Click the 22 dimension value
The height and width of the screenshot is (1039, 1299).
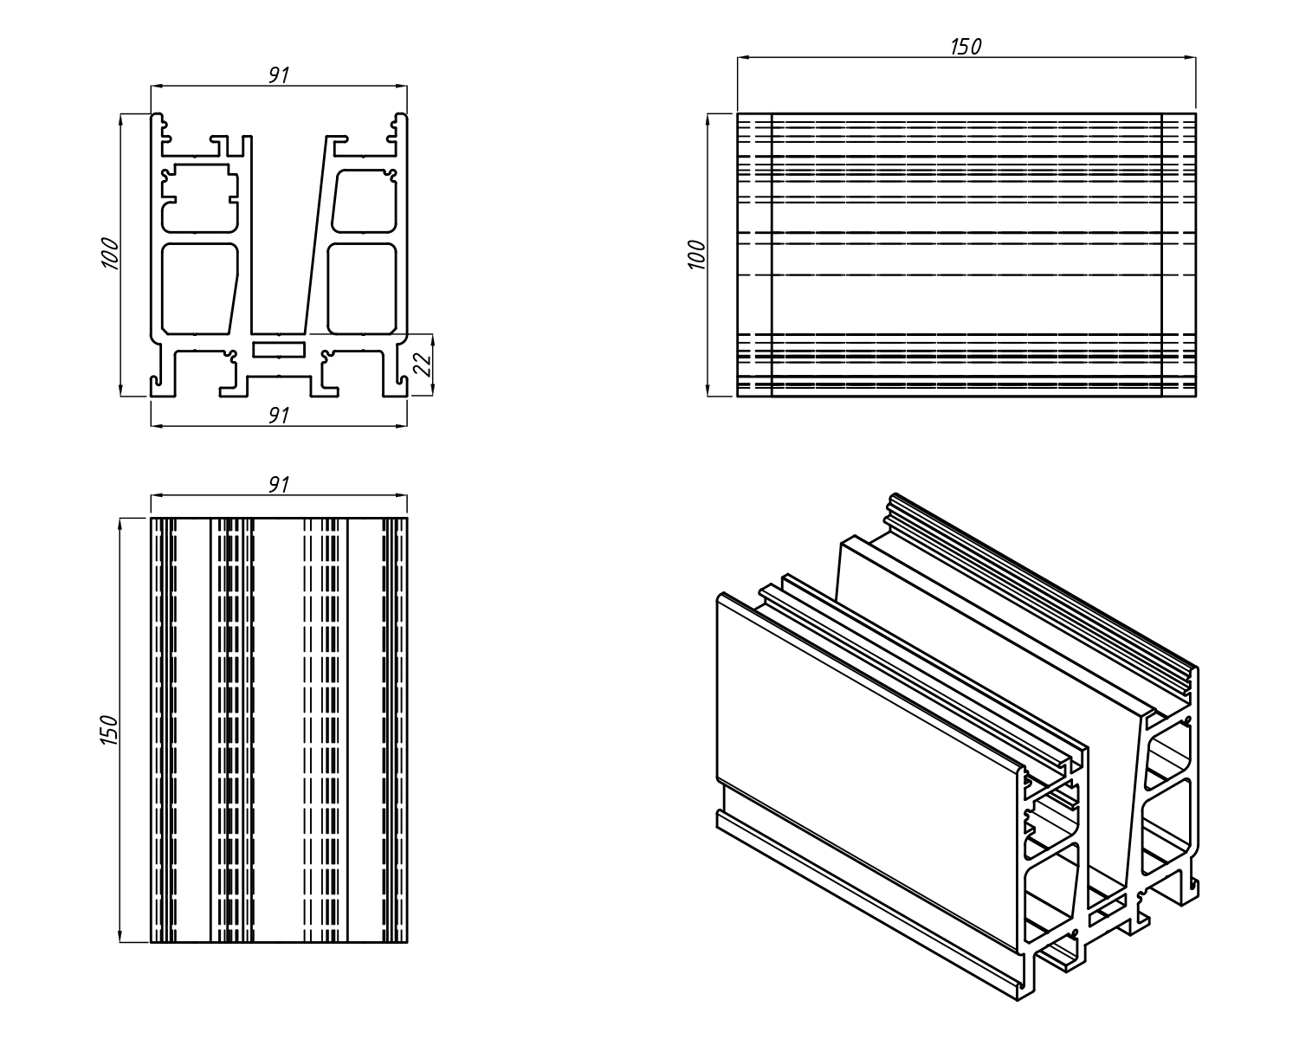coord(423,365)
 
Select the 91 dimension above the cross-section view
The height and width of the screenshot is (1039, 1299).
coord(277,75)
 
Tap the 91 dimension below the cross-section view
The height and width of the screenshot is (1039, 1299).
coord(277,416)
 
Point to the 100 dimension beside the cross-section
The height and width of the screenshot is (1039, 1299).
coord(110,253)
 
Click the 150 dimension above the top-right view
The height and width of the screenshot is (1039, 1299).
coord(966,47)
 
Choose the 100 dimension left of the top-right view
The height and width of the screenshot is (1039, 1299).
coord(697,255)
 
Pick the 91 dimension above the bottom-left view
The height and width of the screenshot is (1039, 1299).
coord(277,484)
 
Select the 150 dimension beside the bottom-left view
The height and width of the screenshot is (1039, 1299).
coord(110,730)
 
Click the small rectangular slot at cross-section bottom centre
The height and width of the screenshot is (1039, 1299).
coord(279,348)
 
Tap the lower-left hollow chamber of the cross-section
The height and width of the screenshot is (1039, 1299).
coord(198,287)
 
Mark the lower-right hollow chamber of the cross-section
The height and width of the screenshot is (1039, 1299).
coord(361,287)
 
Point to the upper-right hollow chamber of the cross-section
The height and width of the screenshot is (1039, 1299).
coord(364,201)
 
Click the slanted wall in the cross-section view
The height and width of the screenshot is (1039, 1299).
coord(317,234)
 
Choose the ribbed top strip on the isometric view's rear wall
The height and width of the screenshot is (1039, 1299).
coord(1039,589)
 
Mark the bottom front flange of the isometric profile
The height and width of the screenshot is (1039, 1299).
coord(866,900)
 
